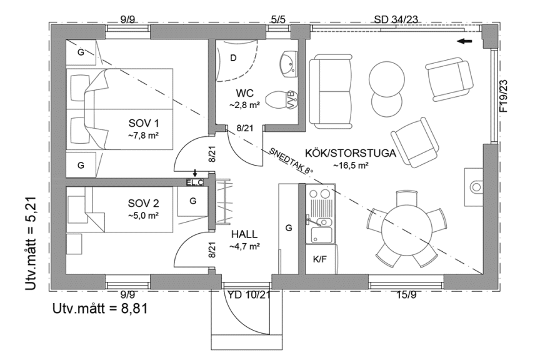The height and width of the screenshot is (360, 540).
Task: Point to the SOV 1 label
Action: pos(141,123)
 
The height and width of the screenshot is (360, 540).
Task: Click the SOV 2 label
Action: pos(142,204)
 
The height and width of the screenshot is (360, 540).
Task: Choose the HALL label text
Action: pos(244,234)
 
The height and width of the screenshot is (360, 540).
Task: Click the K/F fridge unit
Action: pos(319,258)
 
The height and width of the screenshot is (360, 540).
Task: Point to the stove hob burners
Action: pos(320,200)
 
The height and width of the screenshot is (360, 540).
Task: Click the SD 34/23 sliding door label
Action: pos(396,19)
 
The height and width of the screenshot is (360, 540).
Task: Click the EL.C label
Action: pos(196,182)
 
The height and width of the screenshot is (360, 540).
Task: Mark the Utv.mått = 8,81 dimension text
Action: pos(100,308)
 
